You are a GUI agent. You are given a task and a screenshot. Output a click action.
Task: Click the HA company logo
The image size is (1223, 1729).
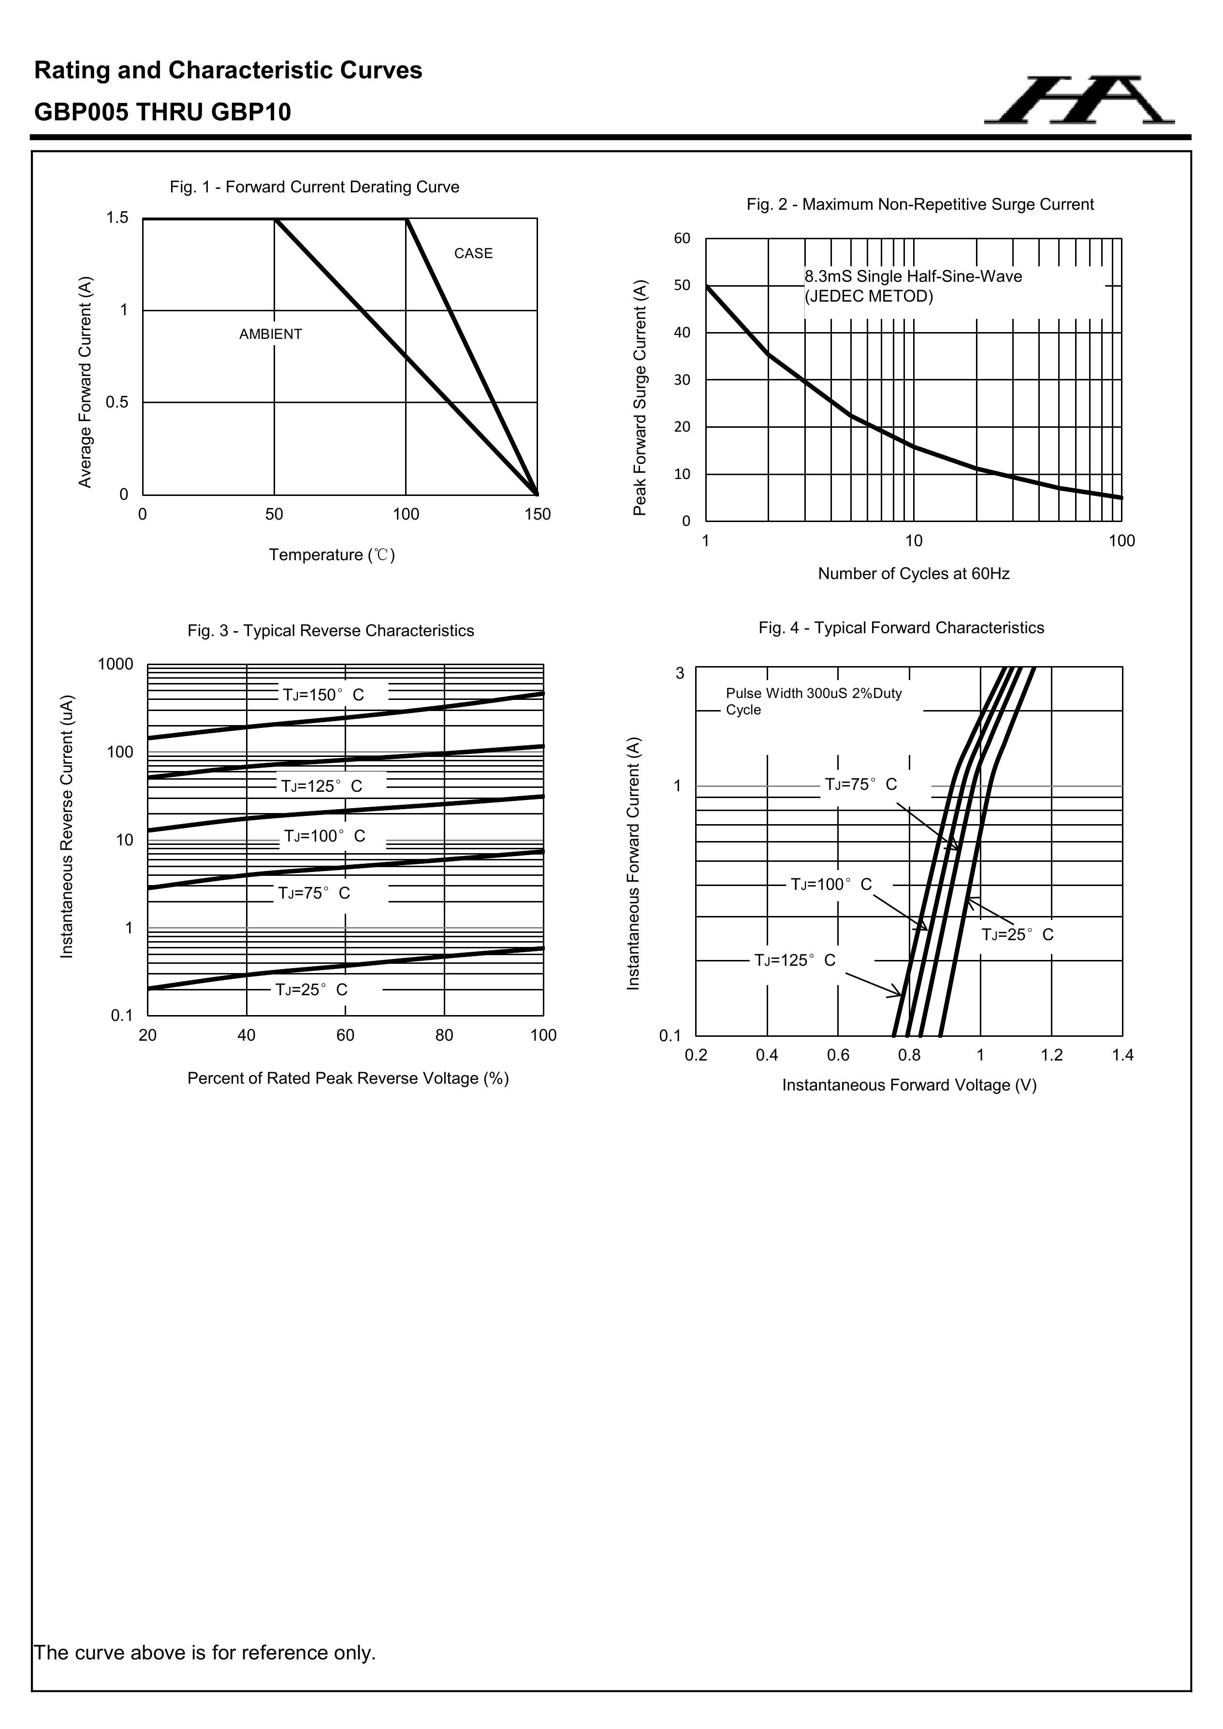(x=1078, y=100)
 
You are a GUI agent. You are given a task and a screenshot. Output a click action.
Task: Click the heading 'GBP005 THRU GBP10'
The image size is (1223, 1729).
(x=163, y=112)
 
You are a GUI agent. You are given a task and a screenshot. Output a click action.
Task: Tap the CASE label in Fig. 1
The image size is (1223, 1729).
(x=473, y=254)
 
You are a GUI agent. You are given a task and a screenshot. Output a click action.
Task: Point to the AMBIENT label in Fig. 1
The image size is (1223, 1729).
(x=270, y=334)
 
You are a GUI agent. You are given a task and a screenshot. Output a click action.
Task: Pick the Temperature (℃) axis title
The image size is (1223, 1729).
(x=331, y=555)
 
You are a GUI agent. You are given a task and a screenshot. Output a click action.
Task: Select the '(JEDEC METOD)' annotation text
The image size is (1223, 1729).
(x=868, y=297)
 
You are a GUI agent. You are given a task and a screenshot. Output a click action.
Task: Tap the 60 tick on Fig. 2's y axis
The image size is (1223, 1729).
(x=682, y=239)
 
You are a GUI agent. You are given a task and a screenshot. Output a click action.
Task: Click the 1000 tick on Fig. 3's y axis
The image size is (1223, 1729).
(x=115, y=664)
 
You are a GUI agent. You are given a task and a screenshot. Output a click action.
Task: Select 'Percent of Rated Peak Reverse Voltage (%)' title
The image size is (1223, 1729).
(x=348, y=1078)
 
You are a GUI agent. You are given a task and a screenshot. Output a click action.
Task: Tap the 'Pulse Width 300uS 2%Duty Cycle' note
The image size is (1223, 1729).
(x=814, y=701)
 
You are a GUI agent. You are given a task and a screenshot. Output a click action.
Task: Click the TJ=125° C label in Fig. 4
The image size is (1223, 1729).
(x=795, y=960)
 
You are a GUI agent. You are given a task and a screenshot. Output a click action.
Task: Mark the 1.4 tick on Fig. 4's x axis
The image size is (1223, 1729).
(x=1122, y=1056)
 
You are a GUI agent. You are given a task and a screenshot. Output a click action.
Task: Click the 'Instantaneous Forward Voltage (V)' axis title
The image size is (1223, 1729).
(x=909, y=1085)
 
